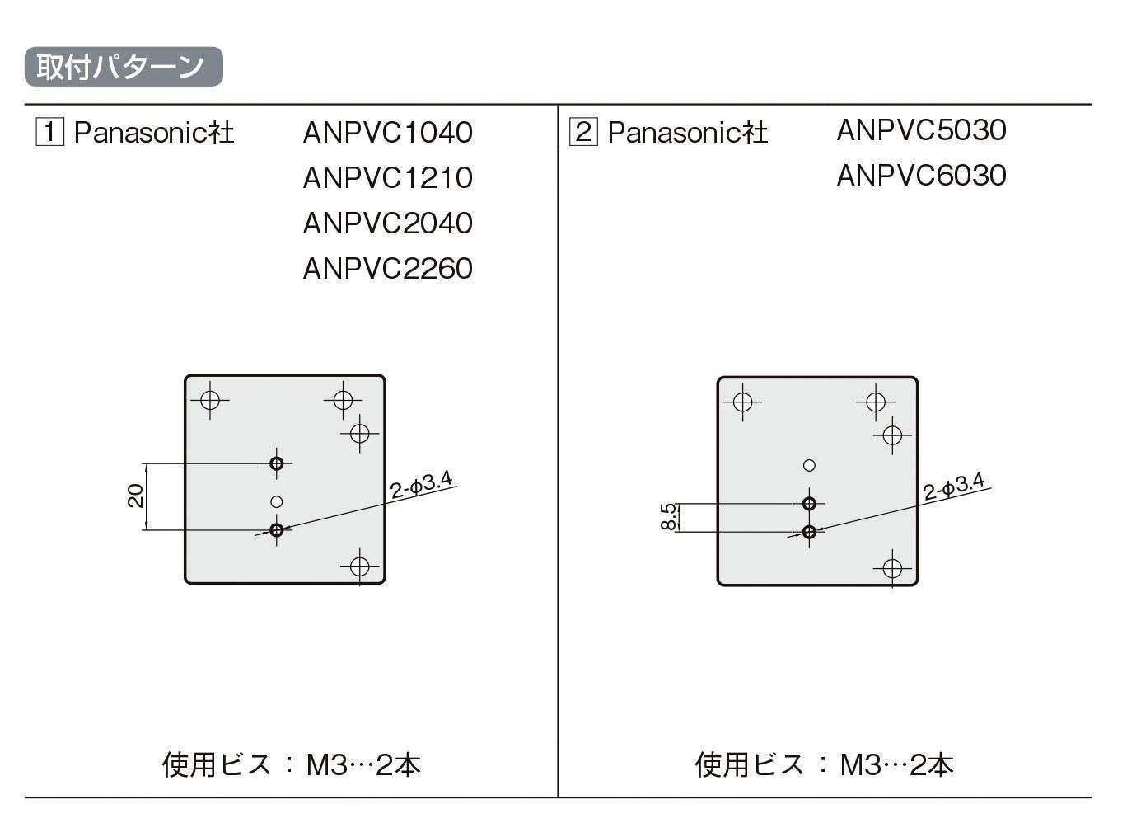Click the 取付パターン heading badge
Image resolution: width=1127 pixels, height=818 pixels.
click(124, 67)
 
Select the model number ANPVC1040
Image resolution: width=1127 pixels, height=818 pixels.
click(387, 133)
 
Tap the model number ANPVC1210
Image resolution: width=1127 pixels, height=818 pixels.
click(387, 178)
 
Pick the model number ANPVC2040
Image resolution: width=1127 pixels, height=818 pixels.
click(387, 223)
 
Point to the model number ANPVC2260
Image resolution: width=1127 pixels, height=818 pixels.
click(387, 269)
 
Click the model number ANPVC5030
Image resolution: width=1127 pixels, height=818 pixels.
click(921, 130)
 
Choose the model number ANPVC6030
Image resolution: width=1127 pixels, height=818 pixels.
click(921, 176)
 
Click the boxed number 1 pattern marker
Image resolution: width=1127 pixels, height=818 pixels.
click(49, 132)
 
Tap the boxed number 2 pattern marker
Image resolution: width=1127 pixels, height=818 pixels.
click(583, 132)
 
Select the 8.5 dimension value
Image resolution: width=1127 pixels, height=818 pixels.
click(669, 517)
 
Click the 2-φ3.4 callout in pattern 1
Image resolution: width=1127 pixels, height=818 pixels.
click(421, 485)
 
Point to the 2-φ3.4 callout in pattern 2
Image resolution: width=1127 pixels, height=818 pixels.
click(954, 487)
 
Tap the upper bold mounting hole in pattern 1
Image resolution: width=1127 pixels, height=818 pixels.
click(277, 463)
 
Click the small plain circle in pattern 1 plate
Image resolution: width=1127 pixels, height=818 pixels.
click(277, 501)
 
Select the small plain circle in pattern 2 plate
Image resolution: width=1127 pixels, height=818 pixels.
click(809, 465)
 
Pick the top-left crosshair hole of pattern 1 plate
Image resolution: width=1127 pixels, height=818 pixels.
click(210, 400)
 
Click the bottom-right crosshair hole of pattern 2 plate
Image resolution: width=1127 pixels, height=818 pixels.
click(892, 568)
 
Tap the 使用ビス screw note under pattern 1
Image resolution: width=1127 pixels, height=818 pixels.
click(292, 764)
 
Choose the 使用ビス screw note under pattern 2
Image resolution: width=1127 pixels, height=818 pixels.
click(824, 764)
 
